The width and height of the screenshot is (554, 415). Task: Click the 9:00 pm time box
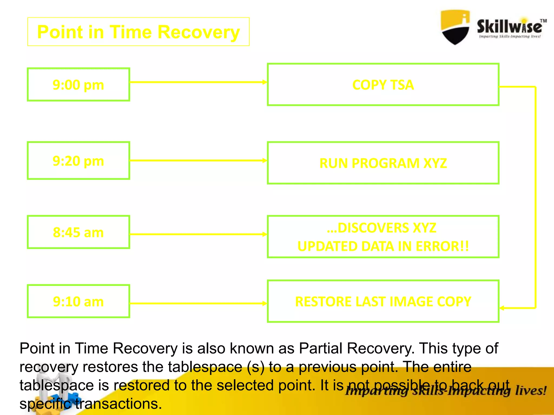[78, 85]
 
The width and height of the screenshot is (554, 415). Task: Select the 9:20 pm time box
[78, 161]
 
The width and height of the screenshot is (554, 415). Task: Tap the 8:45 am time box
[78, 232]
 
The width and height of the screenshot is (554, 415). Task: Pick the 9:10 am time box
[78, 301]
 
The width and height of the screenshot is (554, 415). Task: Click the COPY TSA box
[383, 85]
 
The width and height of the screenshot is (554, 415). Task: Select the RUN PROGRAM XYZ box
[383, 163]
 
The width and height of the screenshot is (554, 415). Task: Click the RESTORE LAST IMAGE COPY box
[383, 302]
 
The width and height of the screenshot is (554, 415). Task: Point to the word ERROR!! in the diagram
[442, 246]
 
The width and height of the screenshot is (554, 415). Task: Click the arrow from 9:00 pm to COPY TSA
[197, 82]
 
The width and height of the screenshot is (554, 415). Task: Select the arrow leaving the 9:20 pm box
[197, 160]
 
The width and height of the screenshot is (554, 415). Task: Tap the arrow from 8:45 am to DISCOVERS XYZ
[197, 234]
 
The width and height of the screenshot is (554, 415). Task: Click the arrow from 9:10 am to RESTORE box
[197, 303]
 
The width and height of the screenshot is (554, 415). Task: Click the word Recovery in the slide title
[199, 32]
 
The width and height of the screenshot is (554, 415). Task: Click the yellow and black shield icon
[455, 27]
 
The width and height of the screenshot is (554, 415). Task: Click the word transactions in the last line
[118, 404]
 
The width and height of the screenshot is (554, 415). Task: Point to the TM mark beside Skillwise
[543, 21]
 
